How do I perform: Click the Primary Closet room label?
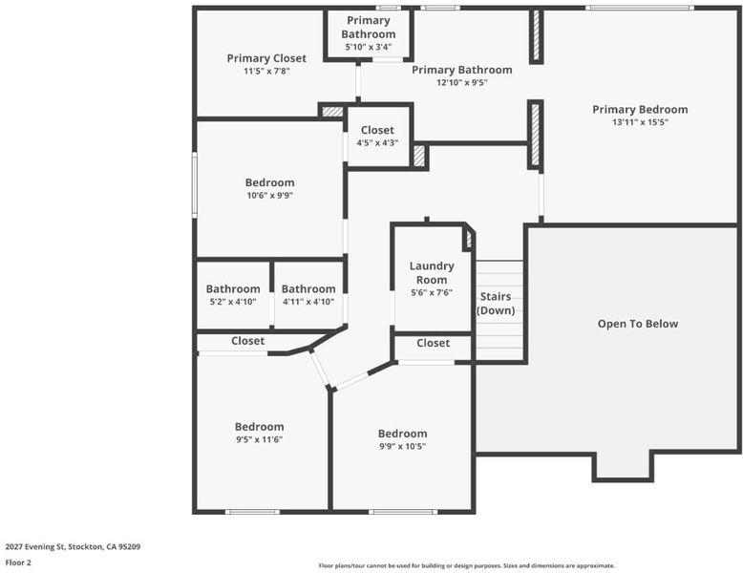coord(266,58)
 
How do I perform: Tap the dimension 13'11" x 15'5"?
coord(640,122)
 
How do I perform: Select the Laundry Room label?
coord(432,273)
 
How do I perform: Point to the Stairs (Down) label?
coord(496,304)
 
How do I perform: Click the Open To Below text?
coord(638,324)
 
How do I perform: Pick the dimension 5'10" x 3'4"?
coord(369,47)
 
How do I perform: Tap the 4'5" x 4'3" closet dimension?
coord(377,142)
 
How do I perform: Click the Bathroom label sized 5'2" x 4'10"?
coord(233,289)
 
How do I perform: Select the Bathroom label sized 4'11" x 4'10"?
coord(308,289)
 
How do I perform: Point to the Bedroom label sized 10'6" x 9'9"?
coord(269,182)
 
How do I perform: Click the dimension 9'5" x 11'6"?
coord(259,440)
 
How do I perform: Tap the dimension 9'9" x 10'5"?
coord(402,446)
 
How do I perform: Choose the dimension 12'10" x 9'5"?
coord(462,82)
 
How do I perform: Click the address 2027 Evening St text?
coord(35,546)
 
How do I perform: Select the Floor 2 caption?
coord(18,562)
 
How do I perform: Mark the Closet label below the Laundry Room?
coord(434,343)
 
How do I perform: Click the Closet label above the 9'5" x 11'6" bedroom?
coord(247,341)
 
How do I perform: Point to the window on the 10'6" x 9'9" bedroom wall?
coord(194,184)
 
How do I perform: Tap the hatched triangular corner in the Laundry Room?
coord(468,239)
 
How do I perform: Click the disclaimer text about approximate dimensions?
coord(467,565)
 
